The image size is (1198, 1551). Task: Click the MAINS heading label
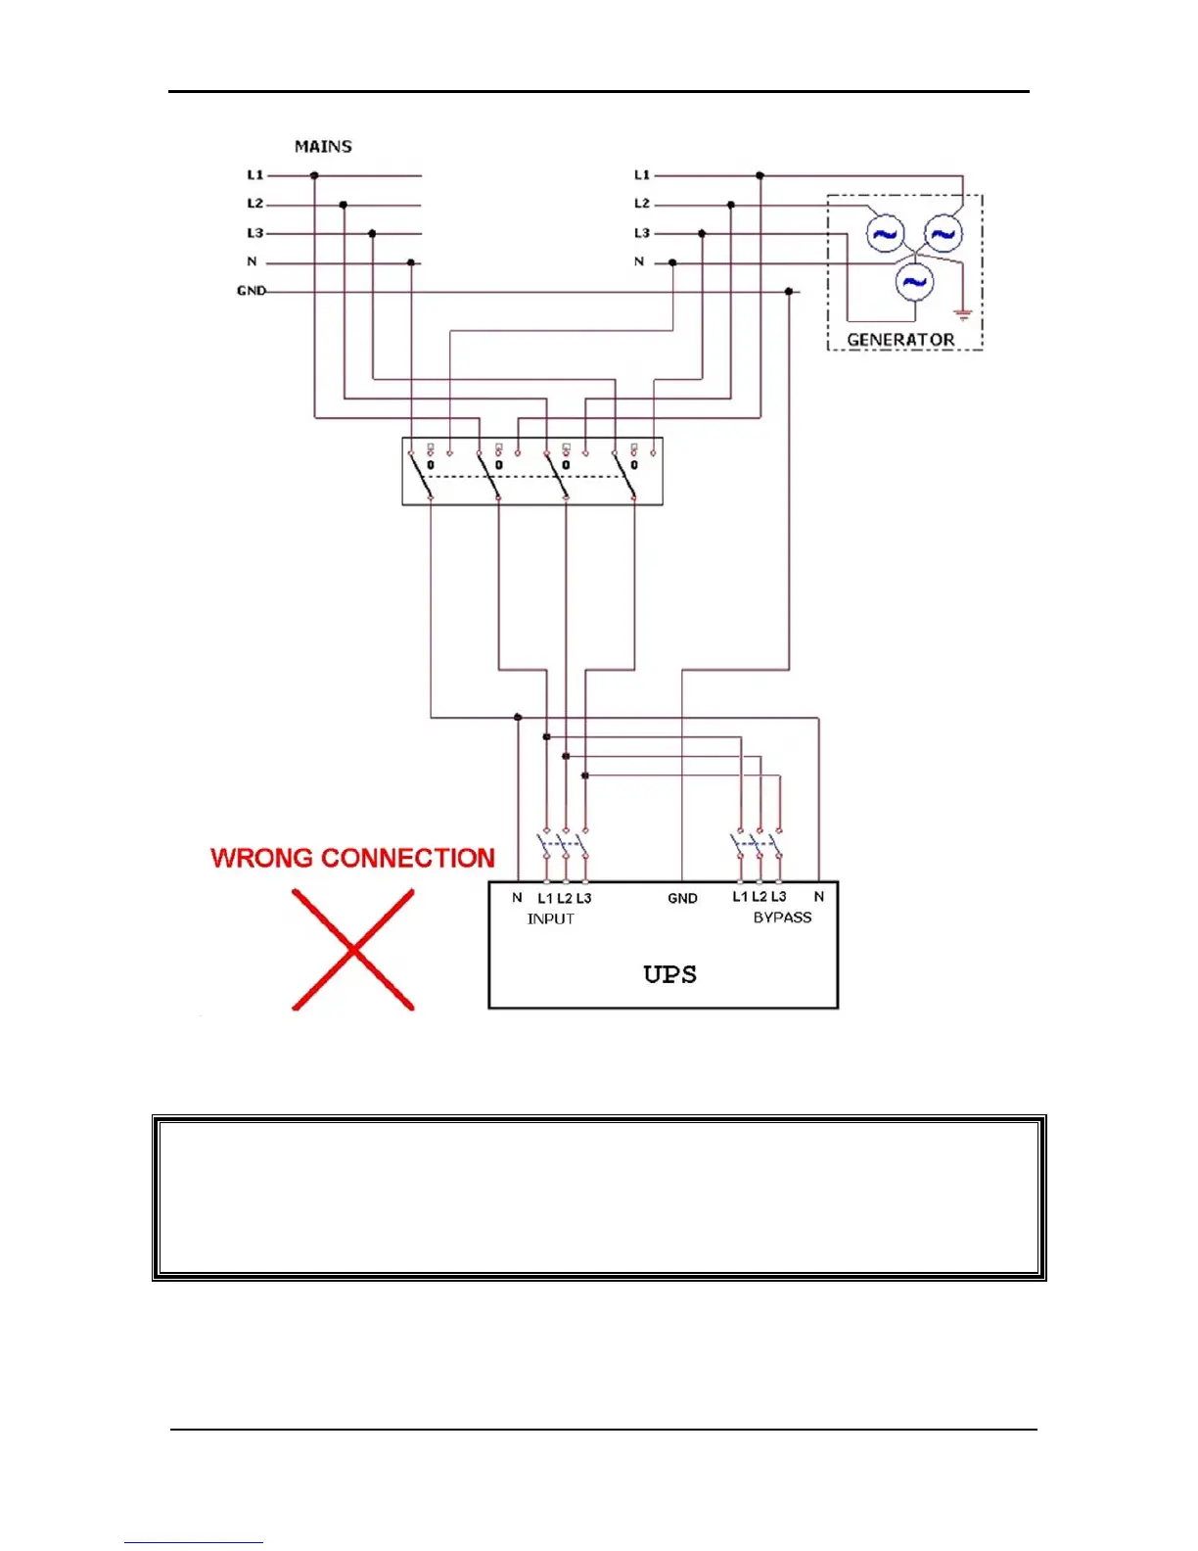(323, 147)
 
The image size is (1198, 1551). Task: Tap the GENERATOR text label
(900, 340)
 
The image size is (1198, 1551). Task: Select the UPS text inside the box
(669, 974)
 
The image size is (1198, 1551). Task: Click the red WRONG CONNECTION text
(352, 858)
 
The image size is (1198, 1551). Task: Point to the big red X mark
(353, 949)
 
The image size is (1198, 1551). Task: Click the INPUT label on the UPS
(550, 918)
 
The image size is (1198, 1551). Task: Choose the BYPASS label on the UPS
(782, 917)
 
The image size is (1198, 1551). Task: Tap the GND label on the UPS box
(682, 898)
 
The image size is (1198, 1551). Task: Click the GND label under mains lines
(251, 291)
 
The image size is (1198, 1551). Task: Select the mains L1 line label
(255, 175)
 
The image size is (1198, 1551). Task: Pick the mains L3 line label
(255, 233)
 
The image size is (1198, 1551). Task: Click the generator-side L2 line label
(642, 204)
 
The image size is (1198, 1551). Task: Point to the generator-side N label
(639, 261)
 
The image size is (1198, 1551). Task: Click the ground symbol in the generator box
(963, 315)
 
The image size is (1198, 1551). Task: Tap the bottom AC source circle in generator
(914, 282)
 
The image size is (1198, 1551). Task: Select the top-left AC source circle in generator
(885, 234)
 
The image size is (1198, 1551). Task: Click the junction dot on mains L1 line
(314, 175)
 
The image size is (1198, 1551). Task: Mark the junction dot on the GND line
(789, 292)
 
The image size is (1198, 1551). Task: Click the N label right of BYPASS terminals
(819, 897)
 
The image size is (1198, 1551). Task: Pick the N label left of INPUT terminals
(517, 898)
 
